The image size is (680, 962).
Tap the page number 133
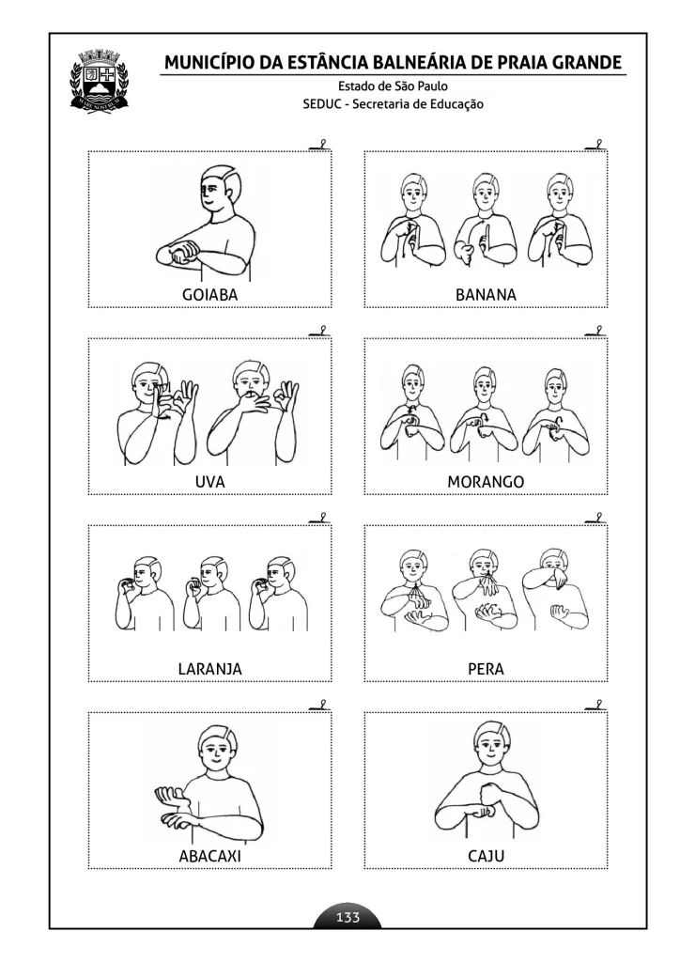point(348,918)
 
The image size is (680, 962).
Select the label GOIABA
point(209,295)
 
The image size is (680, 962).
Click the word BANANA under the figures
point(486,295)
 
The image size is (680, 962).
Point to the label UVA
point(209,482)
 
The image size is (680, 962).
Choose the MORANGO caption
point(486,482)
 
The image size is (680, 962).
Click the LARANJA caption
point(209,669)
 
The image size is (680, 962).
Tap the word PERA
point(486,669)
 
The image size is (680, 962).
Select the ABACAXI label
point(209,857)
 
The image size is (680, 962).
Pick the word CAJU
point(486,857)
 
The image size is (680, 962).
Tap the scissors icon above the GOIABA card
point(320,144)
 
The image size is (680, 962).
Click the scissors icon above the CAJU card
point(596,705)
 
